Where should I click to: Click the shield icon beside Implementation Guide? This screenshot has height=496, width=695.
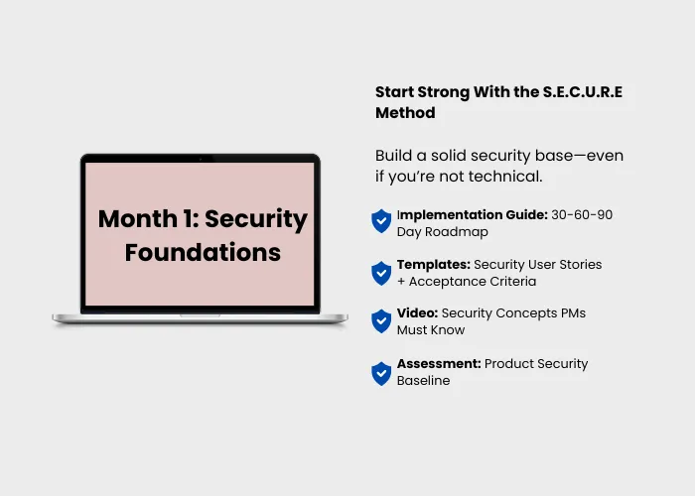[x=381, y=221]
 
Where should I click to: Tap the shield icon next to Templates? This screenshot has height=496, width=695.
[x=381, y=273]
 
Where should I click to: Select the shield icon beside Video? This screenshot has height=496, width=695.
[x=381, y=321]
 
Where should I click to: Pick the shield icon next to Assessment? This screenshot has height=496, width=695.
[x=381, y=374]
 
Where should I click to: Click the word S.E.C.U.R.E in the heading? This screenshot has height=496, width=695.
[x=583, y=92]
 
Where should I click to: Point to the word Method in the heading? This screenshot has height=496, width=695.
[x=405, y=113]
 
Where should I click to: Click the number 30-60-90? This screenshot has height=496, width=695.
[x=582, y=215]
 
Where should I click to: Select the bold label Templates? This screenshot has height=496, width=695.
[x=434, y=265]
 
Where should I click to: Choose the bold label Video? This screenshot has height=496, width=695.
[x=417, y=313]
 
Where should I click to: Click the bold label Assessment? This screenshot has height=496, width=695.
[x=439, y=364]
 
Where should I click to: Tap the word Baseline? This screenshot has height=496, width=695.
[x=423, y=381]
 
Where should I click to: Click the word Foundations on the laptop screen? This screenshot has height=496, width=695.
[x=203, y=252]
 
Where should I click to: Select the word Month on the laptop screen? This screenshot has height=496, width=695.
[x=138, y=219]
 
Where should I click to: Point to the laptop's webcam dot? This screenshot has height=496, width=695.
[x=201, y=159]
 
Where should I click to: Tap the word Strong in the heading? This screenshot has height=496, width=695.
[x=443, y=93]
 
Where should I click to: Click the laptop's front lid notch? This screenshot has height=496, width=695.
[x=200, y=315]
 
